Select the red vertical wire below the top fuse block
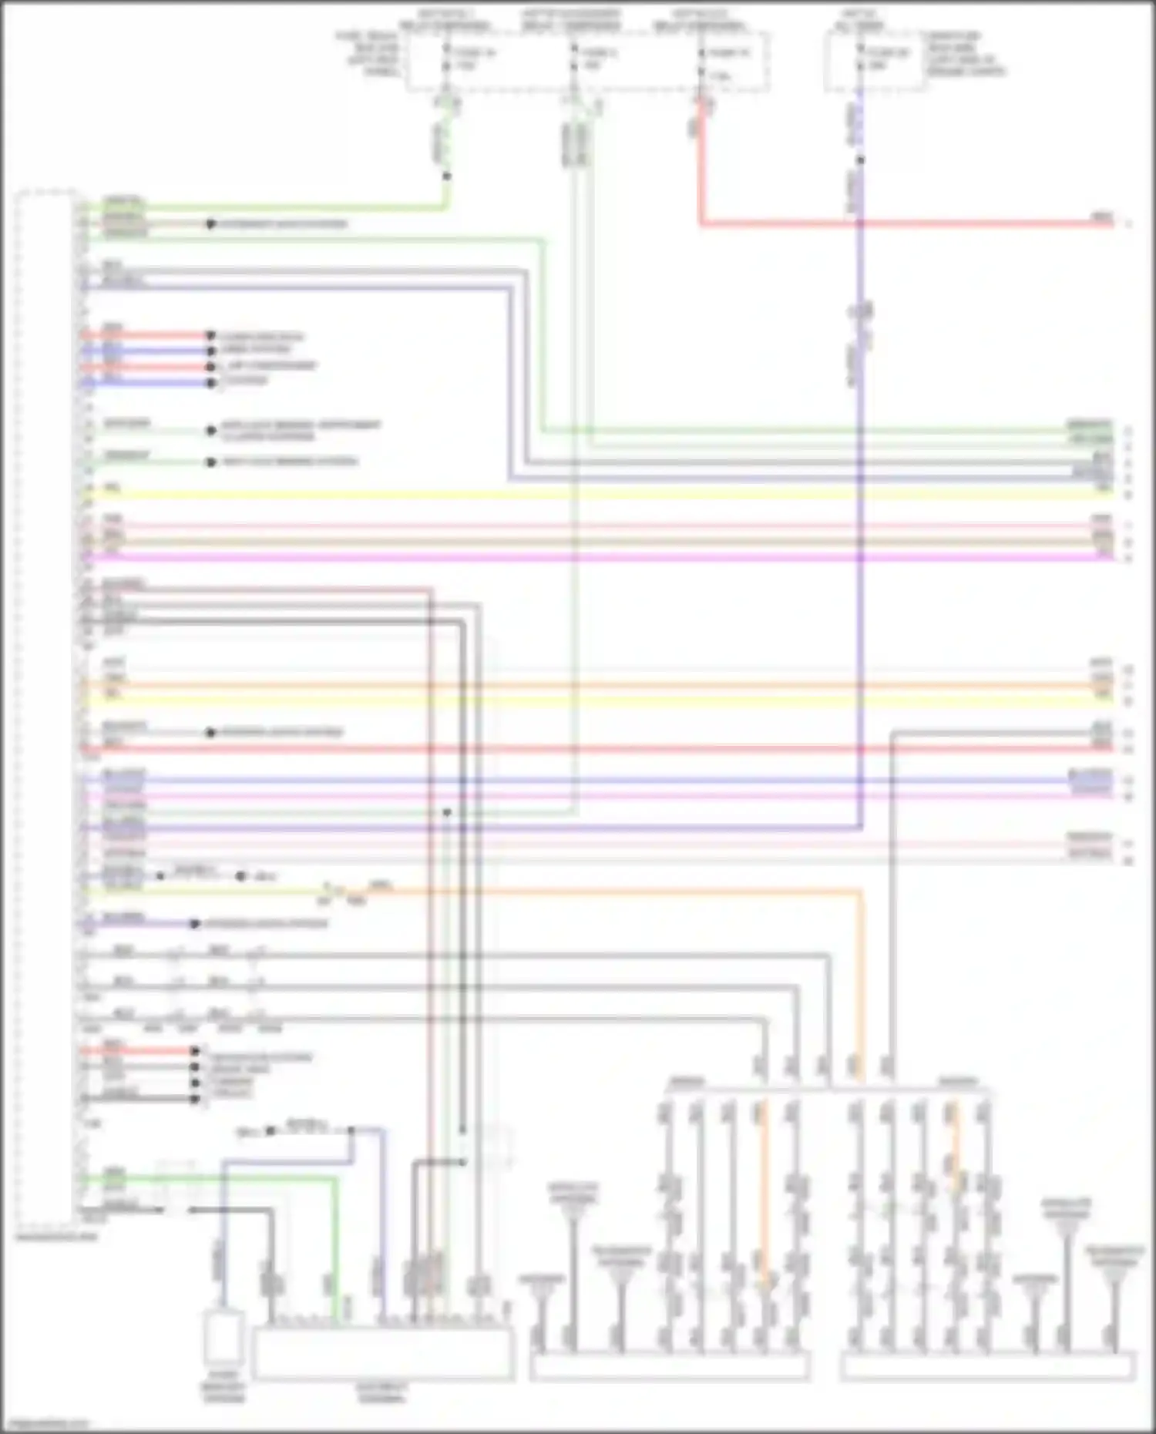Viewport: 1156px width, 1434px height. (701, 170)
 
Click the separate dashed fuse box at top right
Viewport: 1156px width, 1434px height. (875, 62)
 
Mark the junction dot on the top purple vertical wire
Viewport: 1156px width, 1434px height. (860, 160)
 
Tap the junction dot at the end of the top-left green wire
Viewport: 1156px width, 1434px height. (446, 176)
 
